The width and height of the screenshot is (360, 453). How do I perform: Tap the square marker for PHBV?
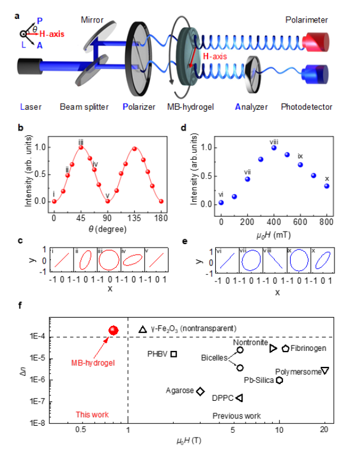(174, 354)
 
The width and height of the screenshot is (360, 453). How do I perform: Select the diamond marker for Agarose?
(200, 391)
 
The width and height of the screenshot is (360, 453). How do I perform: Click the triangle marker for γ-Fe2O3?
(142, 329)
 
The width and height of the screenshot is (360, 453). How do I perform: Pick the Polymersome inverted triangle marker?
(324, 371)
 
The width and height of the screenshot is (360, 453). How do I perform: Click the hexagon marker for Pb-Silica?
(279, 380)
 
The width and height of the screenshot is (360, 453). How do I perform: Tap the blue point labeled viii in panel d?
(274, 148)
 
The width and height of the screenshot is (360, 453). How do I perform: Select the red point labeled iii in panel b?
(81, 147)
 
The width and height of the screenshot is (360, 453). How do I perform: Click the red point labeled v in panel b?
(107, 202)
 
